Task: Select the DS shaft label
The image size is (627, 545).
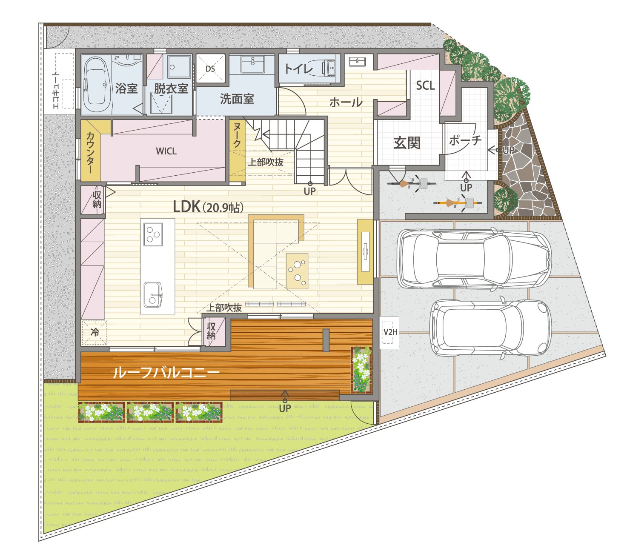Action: (210, 68)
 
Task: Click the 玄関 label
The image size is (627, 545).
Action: (407, 143)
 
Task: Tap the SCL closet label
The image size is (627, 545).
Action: (425, 86)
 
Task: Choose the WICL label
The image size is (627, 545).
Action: (166, 151)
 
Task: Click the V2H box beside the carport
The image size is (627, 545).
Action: (389, 332)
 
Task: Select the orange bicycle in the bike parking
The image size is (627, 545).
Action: (458, 203)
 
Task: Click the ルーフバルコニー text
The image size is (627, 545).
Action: (166, 372)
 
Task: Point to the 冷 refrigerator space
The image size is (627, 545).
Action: (94, 332)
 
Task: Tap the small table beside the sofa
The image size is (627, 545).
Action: (297, 271)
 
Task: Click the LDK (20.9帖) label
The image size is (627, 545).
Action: (209, 207)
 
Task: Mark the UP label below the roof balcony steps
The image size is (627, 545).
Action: (285, 408)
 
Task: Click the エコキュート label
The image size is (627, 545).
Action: (56, 90)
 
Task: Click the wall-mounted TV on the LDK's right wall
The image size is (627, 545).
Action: (365, 252)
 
